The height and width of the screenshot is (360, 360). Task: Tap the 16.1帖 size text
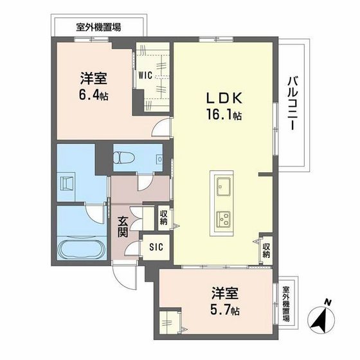coord(223,116)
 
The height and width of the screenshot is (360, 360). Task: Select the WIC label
coord(145,75)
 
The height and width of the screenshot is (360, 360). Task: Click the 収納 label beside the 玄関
coord(164,217)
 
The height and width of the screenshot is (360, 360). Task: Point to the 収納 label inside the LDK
coord(266,249)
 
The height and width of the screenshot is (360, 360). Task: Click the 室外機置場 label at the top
coord(99,27)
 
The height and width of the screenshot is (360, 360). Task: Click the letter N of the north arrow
coord(328,301)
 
